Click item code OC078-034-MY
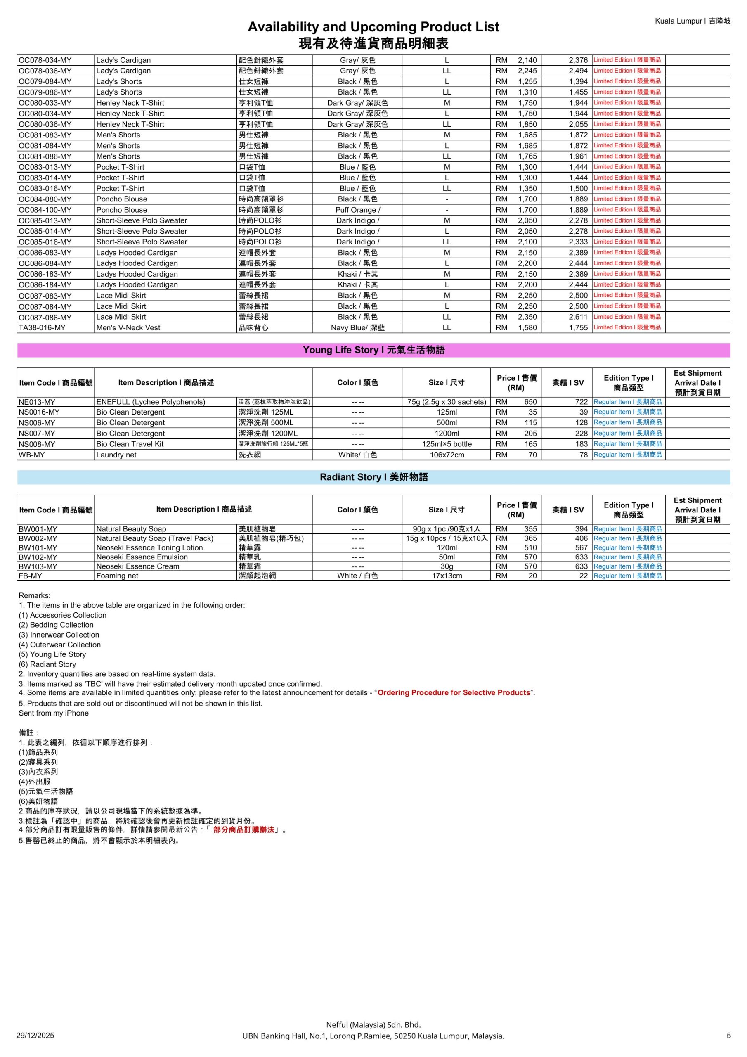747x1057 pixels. point(45,60)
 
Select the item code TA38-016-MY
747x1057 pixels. point(42,328)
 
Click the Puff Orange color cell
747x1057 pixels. point(358,210)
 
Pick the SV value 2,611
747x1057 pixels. point(578,317)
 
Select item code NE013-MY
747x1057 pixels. point(37,402)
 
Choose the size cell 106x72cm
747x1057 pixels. point(447,455)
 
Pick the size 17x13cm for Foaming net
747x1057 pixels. point(447,576)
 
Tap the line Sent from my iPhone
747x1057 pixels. point(54,713)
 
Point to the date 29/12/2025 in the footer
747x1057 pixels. point(35,1036)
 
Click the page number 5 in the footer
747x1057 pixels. point(728,1036)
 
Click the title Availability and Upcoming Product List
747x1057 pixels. point(373,27)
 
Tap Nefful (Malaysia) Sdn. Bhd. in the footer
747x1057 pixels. point(373,1025)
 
